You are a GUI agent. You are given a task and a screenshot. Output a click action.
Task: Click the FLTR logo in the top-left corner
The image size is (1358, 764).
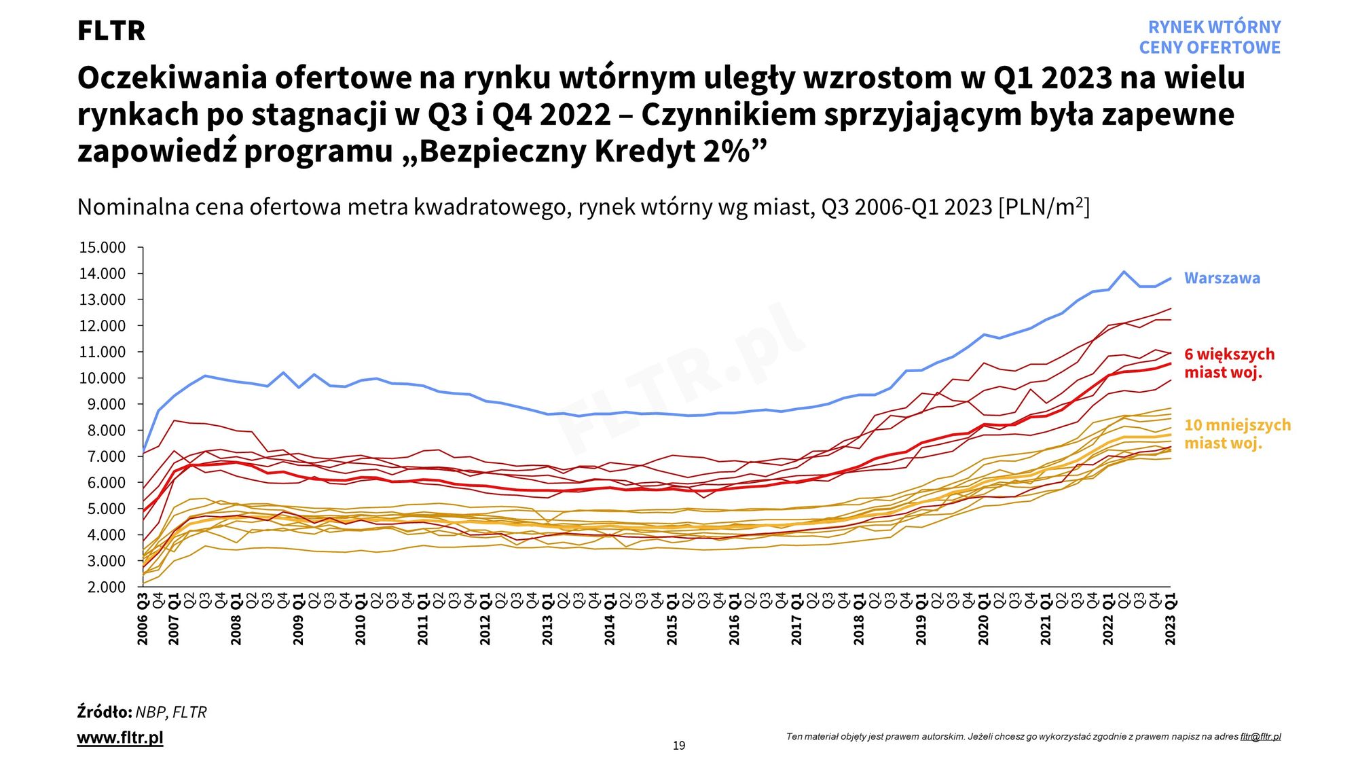111,31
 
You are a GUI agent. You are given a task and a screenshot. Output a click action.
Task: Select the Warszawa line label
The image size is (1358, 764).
1222,278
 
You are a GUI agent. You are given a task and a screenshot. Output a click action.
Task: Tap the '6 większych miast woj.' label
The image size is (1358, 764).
1229,363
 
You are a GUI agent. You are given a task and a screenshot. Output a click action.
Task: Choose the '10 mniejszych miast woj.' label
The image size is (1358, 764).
1237,434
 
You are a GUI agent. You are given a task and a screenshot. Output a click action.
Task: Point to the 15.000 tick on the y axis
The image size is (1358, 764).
103,248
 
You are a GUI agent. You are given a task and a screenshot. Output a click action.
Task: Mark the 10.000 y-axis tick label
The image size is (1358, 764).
103,378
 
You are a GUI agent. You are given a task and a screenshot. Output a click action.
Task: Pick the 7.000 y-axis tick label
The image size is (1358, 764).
103,456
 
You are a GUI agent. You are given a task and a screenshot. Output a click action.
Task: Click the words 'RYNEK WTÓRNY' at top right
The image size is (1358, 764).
1214,27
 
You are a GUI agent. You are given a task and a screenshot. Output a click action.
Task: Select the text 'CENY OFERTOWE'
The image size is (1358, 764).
1209,48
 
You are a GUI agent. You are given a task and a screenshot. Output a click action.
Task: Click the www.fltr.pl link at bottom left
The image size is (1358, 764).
120,738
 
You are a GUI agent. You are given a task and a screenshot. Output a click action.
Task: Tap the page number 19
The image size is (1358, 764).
679,746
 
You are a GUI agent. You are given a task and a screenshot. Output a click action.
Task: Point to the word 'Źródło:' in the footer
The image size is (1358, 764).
104,712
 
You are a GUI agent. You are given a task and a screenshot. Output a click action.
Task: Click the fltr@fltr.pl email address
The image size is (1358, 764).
1260,737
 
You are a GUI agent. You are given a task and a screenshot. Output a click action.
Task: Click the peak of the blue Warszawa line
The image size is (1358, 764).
1124,272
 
